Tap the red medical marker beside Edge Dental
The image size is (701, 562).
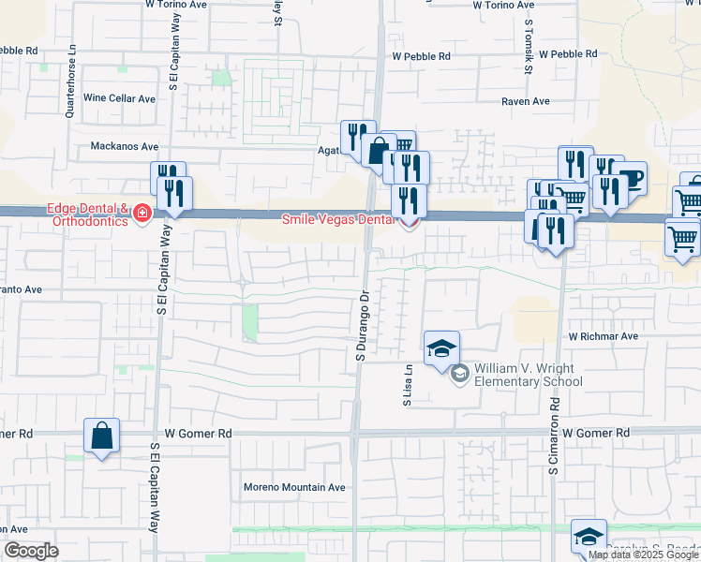tap(142, 214)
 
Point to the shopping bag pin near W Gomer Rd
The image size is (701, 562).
tap(101, 436)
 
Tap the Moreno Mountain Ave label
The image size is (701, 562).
tap(294, 487)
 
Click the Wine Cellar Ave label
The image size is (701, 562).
tap(119, 97)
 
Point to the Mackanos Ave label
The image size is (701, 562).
tap(125, 146)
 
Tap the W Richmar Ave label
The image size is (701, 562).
tap(603, 335)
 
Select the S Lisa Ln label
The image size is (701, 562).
tap(408, 385)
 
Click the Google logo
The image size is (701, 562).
tap(31, 551)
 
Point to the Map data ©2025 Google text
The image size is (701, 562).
tap(643, 555)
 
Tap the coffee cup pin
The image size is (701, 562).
tap(631, 179)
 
